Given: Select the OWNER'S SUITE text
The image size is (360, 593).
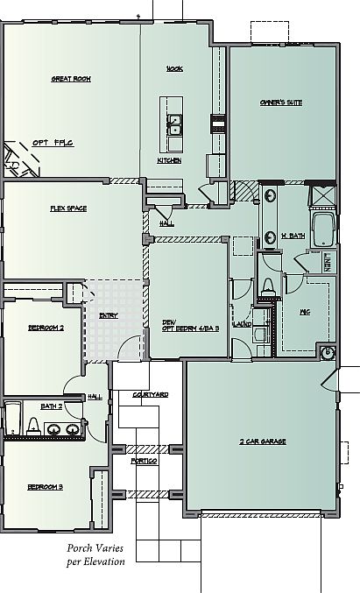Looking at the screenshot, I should point(281,102).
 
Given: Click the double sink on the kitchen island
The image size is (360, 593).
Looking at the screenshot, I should point(175,124).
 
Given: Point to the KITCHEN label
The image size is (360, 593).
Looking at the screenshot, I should point(169,160).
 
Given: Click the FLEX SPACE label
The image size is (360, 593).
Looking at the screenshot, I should point(67,208).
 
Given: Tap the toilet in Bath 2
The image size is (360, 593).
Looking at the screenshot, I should point(32,427).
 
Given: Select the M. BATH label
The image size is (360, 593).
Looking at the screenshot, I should point(292,236).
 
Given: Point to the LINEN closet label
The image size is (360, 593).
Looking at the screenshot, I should point(328,260).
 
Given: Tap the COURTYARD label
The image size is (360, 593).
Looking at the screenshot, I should point(151,396).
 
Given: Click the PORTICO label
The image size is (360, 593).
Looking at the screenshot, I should point(144,461).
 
